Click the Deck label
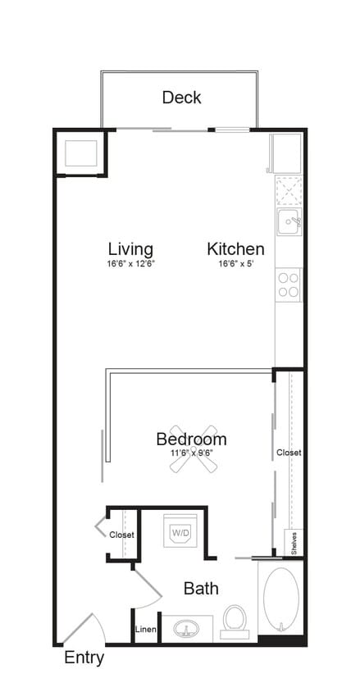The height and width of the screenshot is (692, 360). (181, 98)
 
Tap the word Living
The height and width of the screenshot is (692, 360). (130, 248)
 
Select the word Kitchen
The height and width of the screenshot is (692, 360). (235, 248)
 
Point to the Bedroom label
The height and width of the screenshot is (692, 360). (191, 439)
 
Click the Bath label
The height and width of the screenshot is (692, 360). (200, 588)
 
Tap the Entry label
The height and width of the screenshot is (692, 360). (84, 658)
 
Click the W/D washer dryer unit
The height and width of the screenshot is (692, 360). (180, 532)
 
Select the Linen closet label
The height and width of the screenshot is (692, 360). (145, 629)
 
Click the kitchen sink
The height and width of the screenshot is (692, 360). (288, 221)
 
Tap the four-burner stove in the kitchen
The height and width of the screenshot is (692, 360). (288, 285)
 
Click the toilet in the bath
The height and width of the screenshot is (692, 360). (235, 622)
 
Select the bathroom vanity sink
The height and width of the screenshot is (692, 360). (186, 630)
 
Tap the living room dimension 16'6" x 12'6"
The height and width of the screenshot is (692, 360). (130, 264)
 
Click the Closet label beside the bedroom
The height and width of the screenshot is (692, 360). (289, 452)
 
